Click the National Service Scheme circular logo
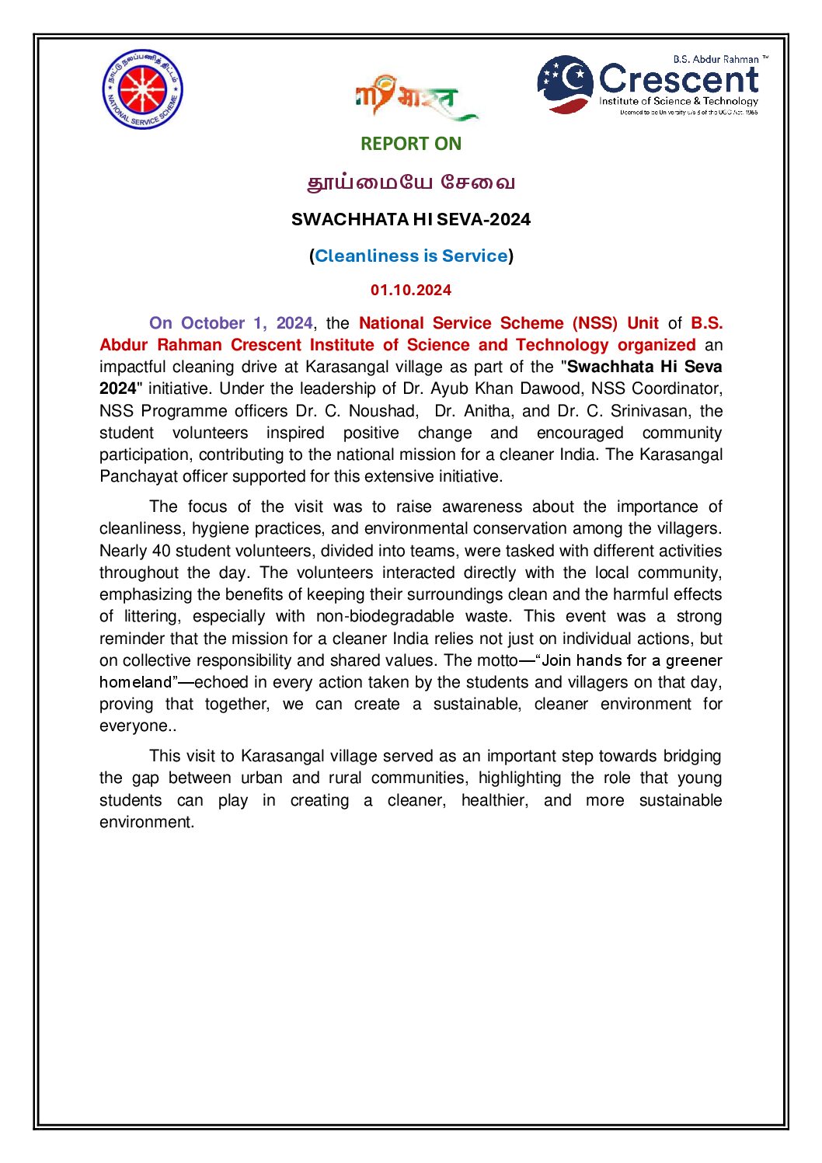142,89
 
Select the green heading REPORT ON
410,144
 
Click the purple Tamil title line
411,183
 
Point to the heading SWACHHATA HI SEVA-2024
410,220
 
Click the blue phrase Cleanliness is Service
411,256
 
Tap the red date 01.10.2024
410,291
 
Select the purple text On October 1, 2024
231,323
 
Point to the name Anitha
487,411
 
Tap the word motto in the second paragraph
496,660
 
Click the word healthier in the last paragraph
494,800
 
